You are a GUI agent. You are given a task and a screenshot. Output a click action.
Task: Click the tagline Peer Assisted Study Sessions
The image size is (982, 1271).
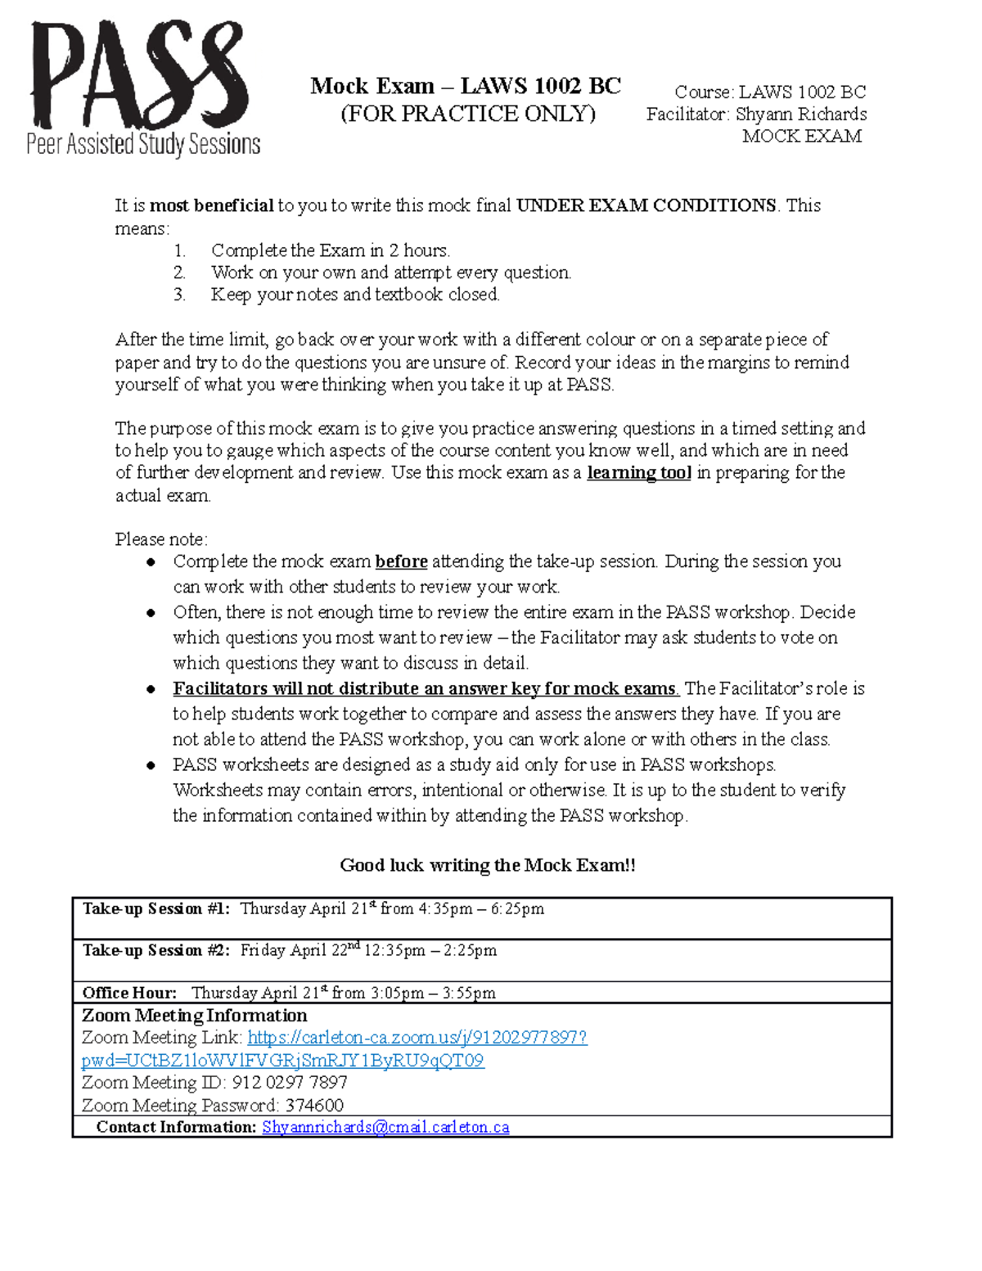pos(143,145)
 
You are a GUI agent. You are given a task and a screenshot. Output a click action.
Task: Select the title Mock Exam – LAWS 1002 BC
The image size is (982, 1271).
pos(465,86)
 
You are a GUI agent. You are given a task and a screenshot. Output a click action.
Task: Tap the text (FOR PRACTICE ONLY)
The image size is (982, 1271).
pos(467,114)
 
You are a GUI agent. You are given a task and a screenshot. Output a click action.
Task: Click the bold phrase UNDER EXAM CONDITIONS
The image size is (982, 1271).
pos(646,205)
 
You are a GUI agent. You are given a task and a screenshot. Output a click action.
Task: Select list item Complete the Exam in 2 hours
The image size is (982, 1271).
pos(330,250)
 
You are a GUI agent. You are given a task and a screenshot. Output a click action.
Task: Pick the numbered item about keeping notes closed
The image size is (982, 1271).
pos(354,295)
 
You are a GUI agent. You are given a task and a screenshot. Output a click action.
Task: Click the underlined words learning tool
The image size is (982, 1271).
pos(638,473)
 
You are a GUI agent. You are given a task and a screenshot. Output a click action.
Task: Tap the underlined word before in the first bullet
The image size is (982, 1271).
pos(401,561)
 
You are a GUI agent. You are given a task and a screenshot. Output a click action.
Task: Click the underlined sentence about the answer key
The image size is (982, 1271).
pos(425,688)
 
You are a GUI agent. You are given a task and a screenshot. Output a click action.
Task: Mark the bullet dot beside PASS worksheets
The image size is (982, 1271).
pos(151,766)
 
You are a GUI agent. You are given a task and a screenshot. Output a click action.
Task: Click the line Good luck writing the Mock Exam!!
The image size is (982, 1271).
pos(488,865)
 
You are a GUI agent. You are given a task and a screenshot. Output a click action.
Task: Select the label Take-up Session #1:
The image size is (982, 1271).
pos(155,909)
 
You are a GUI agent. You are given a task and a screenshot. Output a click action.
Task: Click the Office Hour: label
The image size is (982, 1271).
pos(129,993)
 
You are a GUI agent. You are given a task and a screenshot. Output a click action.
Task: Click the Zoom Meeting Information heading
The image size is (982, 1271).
pos(195,1016)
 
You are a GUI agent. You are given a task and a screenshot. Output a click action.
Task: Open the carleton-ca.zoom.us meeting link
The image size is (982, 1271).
pos(417,1038)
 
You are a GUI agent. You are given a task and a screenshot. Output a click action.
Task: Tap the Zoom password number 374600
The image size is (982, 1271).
pos(314,1105)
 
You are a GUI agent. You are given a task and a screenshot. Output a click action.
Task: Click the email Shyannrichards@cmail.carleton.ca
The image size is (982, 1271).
pos(385,1127)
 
